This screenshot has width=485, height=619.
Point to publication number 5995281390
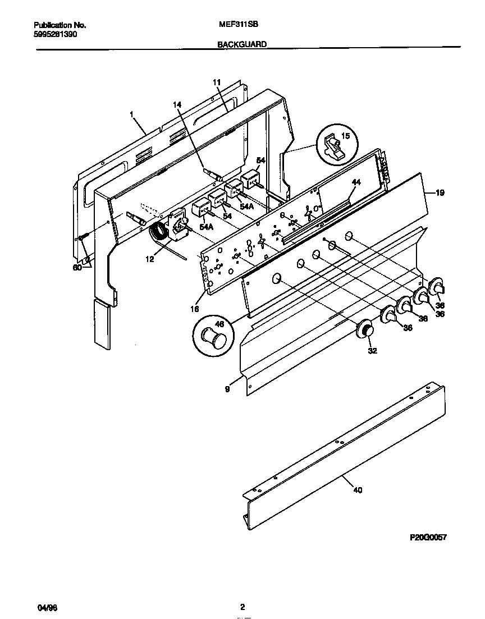coord(56,34)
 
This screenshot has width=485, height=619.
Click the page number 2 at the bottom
coord(242,607)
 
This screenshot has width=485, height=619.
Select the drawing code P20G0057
coord(428,537)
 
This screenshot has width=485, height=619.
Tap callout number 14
coord(177,105)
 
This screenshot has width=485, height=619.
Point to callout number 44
coord(355,182)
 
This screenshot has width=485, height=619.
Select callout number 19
coord(440,193)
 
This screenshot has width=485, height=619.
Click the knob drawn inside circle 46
coord(214,338)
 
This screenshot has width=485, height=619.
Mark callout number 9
coord(227,388)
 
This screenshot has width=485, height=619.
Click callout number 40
coord(358,490)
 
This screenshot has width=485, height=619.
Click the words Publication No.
coord(60,25)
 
